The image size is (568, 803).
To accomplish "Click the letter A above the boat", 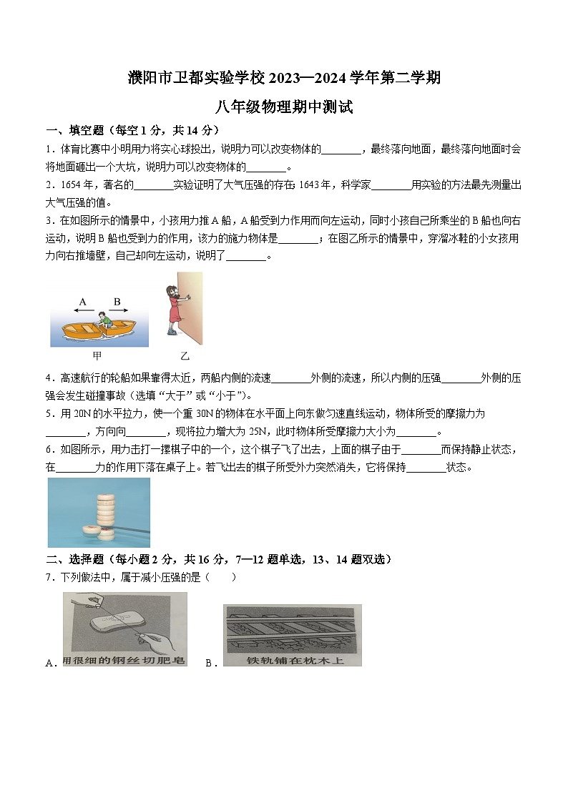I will [83, 302].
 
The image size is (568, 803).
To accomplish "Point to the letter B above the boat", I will [117, 302].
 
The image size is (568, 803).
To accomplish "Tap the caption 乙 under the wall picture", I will [185, 355].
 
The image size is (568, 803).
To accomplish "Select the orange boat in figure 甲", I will [97, 330].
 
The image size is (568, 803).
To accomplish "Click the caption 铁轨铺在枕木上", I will [293, 660].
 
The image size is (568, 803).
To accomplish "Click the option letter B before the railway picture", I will [210, 663].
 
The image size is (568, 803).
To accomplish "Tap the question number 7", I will [49, 577].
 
